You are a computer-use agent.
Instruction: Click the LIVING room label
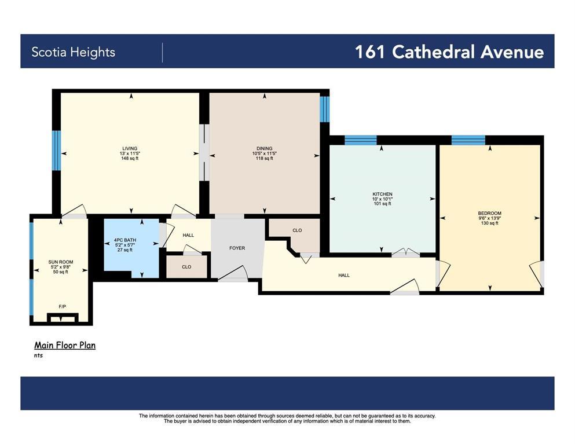click(130, 149)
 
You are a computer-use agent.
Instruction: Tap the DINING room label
click(265, 149)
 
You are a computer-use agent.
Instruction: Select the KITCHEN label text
click(383, 194)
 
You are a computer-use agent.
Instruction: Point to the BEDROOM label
click(489, 213)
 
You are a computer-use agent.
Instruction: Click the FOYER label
click(237, 248)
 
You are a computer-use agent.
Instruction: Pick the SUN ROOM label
click(61, 262)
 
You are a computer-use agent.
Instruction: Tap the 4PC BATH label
click(125, 240)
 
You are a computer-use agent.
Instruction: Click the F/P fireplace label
click(63, 306)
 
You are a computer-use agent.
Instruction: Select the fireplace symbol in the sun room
click(63, 317)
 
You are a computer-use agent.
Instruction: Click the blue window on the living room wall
click(56, 151)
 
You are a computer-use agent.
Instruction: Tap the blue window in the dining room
click(324, 109)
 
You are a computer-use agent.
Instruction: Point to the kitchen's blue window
click(361, 140)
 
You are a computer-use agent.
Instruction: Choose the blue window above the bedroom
click(468, 140)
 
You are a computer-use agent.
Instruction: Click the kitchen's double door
click(405, 252)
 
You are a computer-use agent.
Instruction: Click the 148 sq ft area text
click(130, 159)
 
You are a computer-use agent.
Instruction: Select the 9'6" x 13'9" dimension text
click(489, 218)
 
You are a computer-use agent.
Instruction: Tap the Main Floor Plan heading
click(65, 346)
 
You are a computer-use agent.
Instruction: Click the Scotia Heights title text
click(74, 52)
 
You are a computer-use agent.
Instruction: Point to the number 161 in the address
click(369, 52)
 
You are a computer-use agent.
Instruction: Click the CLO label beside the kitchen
click(297, 230)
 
